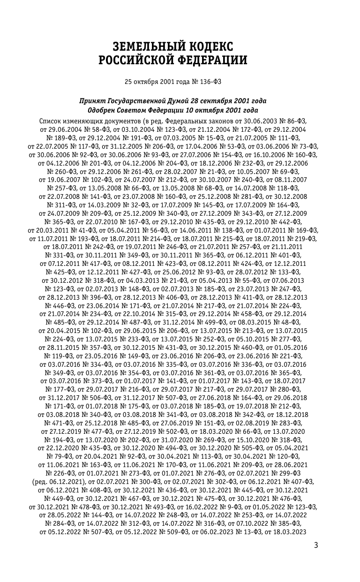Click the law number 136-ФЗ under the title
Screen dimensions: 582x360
(x=210, y=82)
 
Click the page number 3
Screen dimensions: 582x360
(x=316, y=545)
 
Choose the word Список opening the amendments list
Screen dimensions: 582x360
(x=51, y=121)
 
